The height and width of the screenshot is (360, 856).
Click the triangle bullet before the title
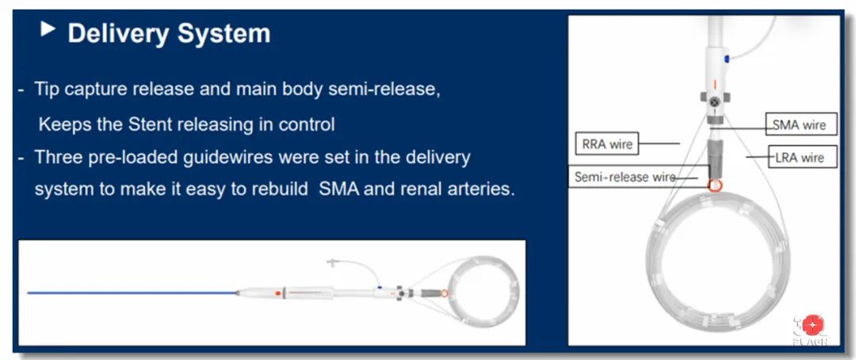coord(48,29)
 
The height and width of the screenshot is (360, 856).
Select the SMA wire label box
coord(798,125)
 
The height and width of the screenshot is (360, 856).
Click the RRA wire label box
coord(606,145)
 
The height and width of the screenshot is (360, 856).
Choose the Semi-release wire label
coord(624,178)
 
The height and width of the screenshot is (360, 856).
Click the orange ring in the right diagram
coord(715,186)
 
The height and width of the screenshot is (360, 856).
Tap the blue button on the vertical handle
coord(727,59)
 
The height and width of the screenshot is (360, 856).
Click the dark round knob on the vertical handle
coord(716,101)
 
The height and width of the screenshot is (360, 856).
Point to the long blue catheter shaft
coord(132,293)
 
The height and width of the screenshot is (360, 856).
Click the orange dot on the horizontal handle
coord(278,293)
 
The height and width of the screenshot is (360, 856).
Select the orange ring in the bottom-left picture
coord(445,293)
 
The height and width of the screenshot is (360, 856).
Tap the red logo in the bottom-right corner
coord(812,325)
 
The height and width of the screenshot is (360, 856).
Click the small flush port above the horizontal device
coord(331,263)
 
